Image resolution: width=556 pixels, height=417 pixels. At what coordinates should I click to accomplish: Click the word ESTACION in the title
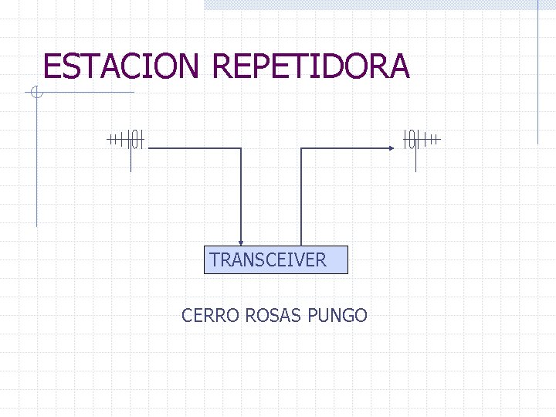point(121,66)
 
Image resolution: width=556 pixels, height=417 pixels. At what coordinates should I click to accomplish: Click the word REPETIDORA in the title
point(310,66)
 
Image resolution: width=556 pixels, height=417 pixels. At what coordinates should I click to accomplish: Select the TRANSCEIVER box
point(278,260)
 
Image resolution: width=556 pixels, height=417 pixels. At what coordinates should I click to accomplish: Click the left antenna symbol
point(128,140)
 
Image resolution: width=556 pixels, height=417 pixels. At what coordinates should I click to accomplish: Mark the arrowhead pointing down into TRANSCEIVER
point(242,242)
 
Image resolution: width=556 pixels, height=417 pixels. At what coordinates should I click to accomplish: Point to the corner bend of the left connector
point(242,147)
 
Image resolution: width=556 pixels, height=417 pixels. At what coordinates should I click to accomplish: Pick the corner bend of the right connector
point(300,147)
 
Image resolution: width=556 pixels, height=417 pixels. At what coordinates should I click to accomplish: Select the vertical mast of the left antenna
point(131,158)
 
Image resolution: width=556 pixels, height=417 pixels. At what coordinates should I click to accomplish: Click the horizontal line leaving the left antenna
point(193,147)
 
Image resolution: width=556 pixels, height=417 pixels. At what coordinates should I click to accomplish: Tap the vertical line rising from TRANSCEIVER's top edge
point(300,201)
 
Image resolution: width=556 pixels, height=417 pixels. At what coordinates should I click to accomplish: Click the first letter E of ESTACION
point(52,66)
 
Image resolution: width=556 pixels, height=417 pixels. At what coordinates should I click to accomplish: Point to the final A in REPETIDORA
point(398,66)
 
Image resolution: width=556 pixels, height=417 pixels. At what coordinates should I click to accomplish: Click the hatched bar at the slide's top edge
point(371,4)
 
